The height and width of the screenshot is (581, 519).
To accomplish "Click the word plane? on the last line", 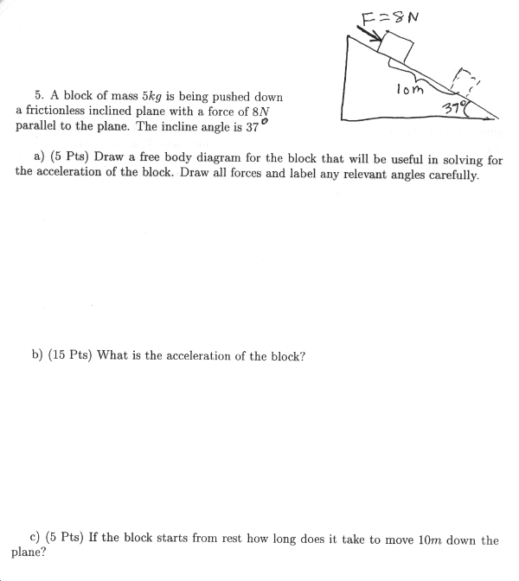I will [29, 552].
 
